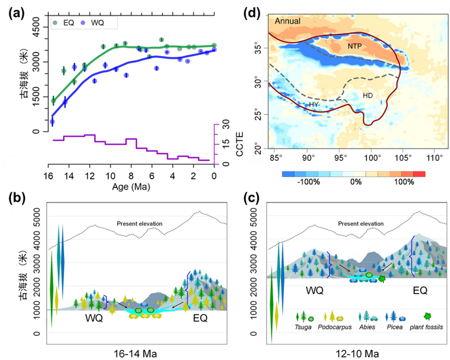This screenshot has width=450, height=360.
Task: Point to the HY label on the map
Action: click(314, 105)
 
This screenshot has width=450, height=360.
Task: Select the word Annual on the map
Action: click(290, 22)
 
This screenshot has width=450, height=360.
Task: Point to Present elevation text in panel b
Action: click(139, 224)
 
